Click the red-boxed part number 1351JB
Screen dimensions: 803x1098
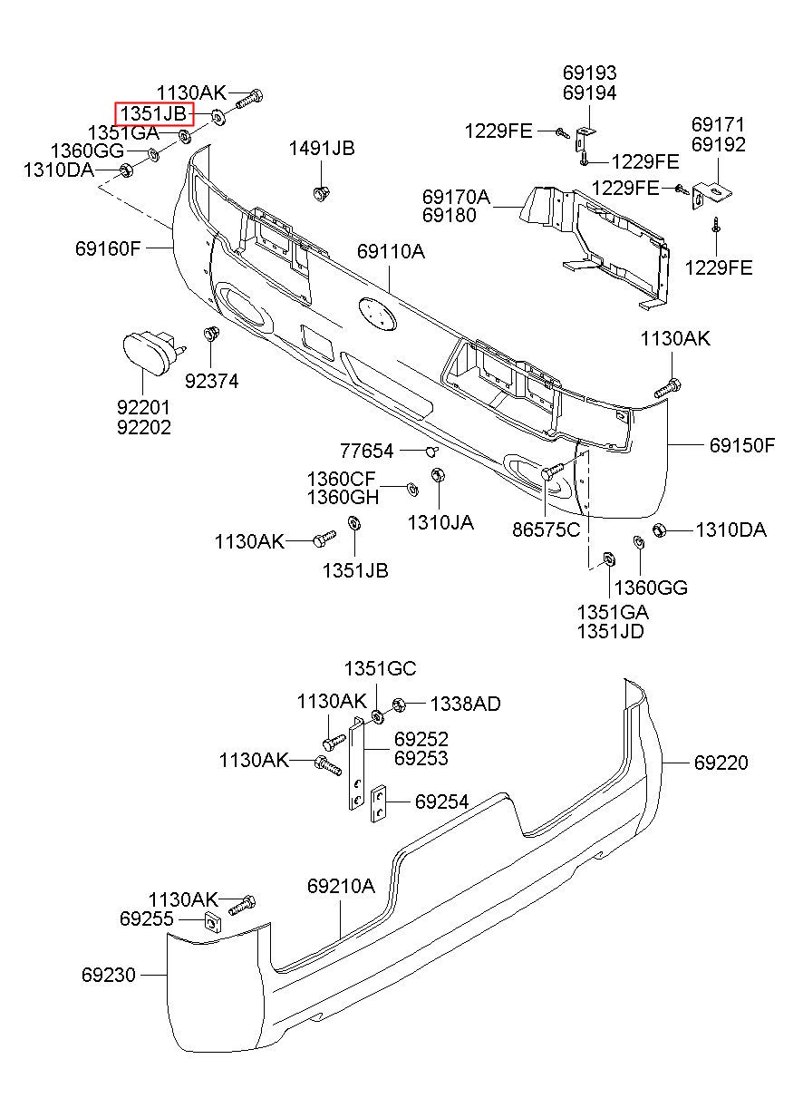154,113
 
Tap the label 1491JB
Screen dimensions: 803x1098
322,148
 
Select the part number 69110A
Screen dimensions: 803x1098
391,251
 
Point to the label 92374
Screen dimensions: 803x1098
212,381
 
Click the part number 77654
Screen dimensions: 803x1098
367,451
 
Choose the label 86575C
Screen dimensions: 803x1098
547,530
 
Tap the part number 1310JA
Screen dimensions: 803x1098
441,522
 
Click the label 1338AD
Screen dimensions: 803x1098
466,704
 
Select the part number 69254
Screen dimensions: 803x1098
442,802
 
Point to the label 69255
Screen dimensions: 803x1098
147,918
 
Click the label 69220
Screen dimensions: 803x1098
721,763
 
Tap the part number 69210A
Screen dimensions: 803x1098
341,886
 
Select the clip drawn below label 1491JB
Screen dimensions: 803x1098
321,193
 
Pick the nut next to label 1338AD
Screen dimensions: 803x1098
399,705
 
